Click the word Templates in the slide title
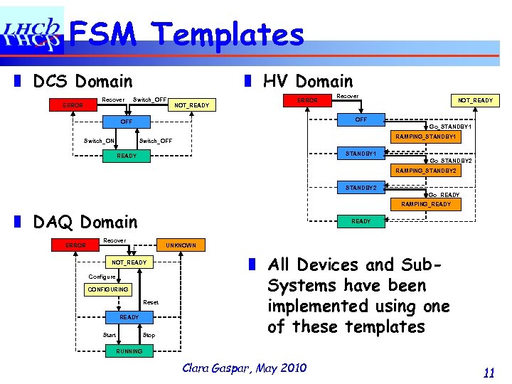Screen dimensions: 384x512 (x=229, y=33)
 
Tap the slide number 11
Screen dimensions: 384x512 (x=488, y=372)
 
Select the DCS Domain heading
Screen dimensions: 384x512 (x=82, y=82)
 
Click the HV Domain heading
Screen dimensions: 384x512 (x=307, y=82)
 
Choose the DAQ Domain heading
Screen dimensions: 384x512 (x=85, y=223)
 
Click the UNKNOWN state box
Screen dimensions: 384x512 (x=181, y=245)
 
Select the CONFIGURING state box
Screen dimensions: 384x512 (x=107, y=289)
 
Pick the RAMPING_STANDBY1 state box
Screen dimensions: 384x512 (x=426, y=136)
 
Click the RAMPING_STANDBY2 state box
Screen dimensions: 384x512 (x=426, y=171)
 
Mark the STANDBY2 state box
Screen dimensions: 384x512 (x=366, y=188)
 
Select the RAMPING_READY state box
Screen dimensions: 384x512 (x=426, y=204)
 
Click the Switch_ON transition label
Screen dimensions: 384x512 (x=99, y=141)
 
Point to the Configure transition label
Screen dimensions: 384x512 (x=102, y=276)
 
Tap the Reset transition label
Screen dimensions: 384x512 (x=151, y=303)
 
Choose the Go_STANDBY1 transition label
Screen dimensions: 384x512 (x=450, y=127)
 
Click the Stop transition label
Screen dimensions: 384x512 (x=149, y=335)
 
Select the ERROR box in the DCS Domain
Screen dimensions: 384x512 (x=73, y=105)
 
